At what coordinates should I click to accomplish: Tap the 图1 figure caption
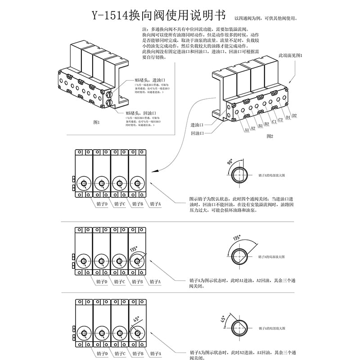(x=96, y=122)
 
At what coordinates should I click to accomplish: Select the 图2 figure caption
(x=270, y=136)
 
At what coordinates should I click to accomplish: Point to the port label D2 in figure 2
(x=294, y=116)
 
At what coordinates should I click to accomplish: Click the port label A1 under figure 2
(x=247, y=130)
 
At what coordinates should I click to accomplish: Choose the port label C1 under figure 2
(x=274, y=122)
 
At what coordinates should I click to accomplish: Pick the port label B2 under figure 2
(x=266, y=124)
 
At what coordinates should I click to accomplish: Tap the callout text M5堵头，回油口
(x=140, y=113)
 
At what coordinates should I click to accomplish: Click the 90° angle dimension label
(x=230, y=162)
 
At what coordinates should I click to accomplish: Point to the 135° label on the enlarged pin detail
(x=237, y=238)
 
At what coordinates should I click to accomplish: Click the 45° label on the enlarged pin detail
(x=222, y=320)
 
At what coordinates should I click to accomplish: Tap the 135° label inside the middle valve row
(x=133, y=249)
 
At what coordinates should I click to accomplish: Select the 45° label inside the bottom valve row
(x=135, y=320)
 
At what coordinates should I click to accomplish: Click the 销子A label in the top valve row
(x=155, y=204)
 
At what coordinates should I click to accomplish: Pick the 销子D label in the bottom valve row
(x=101, y=354)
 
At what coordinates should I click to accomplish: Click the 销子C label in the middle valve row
(x=119, y=282)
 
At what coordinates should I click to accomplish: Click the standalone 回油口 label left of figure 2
(x=197, y=133)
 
